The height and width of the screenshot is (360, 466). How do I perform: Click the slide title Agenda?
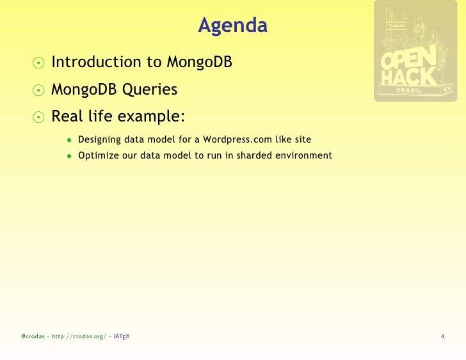tap(232, 26)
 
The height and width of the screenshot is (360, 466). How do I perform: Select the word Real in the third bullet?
tap(66, 117)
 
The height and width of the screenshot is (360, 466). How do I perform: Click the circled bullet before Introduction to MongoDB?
tap(39, 63)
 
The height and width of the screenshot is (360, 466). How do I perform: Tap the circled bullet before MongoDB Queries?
tap(39, 90)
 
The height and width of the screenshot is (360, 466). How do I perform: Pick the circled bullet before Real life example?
tap(39, 118)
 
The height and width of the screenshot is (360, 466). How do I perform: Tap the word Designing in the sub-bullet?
tap(99, 140)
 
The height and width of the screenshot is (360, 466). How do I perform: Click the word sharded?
tap(255, 155)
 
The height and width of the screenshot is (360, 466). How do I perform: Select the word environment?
tap(304, 155)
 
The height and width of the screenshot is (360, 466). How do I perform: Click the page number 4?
tap(442, 336)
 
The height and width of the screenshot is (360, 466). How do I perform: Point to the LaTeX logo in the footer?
tap(122, 336)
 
